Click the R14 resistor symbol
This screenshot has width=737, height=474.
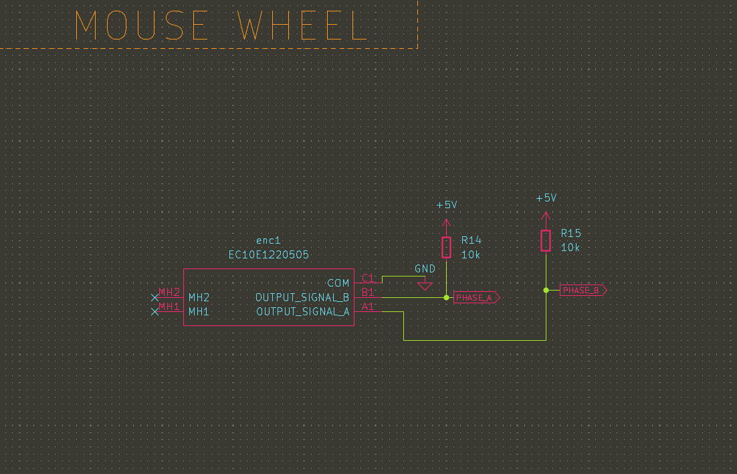447,247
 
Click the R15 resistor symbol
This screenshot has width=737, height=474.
546,240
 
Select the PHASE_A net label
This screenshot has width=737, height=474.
476,298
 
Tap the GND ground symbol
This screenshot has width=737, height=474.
425,286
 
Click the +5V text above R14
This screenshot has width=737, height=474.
447,205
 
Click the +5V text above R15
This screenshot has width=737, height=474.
546,198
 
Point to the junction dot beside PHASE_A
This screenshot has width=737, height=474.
447,297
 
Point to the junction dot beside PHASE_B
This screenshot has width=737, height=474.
546,291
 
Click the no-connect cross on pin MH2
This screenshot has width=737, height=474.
155,297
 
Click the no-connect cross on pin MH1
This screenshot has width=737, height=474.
155,311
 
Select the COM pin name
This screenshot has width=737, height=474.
338,284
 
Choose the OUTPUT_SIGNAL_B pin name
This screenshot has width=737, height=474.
302,297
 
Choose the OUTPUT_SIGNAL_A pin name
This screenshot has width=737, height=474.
302,312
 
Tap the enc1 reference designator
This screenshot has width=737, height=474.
269,240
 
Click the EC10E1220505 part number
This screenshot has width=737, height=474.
269,255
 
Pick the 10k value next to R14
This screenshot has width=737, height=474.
471,255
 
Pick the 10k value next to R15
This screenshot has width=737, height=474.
570,248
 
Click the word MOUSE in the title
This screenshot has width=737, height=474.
141,26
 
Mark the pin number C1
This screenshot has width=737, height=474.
368,278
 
